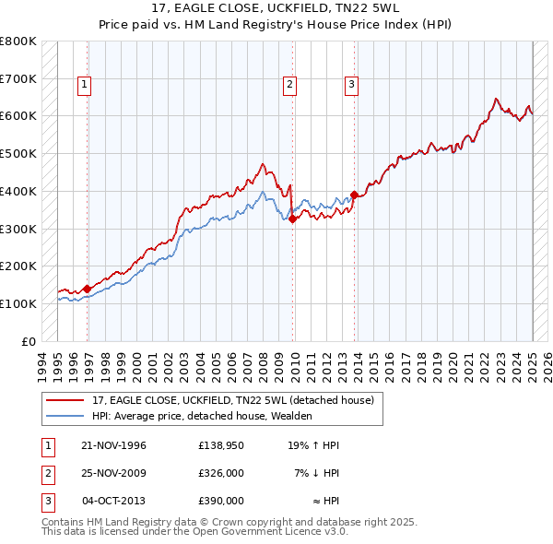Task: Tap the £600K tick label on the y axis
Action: (x=18, y=116)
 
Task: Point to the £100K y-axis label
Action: (x=18, y=303)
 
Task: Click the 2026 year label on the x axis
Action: (x=547, y=363)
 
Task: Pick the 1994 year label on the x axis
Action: (x=41, y=363)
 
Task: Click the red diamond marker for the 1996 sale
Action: (x=88, y=289)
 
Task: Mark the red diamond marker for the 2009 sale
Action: (x=292, y=219)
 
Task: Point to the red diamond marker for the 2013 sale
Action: (x=354, y=195)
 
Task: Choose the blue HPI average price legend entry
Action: (x=202, y=417)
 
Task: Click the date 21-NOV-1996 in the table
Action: (x=114, y=445)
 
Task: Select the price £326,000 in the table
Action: (x=220, y=473)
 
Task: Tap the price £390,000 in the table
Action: (x=220, y=501)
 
